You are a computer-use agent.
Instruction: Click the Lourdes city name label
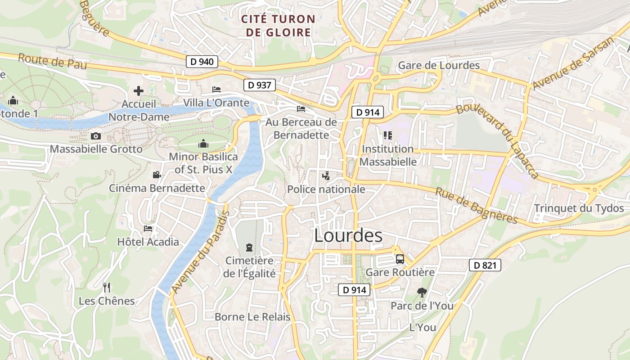pyautogui.click(x=348, y=235)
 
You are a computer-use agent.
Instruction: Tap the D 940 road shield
pyautogui.click(x=202, y=62)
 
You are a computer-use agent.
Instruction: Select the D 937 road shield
pyautogui.click(x=260, y=85)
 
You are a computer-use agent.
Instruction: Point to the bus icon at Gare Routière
pyautogui.click(x=400, y=259)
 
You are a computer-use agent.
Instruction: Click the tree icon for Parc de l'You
pyautogui.click(x=422, y=292)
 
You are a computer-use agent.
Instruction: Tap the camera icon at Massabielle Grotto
pyautogui.click(x=96, y=136)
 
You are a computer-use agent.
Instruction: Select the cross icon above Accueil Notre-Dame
pyautogui.click(x=139, y=91)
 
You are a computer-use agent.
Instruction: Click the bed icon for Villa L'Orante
pyautogui.click(x=216, y=90)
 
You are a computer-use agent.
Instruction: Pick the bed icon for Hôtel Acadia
pyautogui.click(x=148, y=229)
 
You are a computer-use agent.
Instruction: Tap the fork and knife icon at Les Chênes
pyautogui.click(x=107, y=287)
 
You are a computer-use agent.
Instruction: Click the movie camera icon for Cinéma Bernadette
pyautogui.click(x=157, y=175)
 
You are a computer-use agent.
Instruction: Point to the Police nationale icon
pyautogui.click(x=326, y=176)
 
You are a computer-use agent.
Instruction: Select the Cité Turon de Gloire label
pyautogui.click(x=277, y=26)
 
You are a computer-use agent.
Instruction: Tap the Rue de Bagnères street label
pyautogui.click(x=477, y=205)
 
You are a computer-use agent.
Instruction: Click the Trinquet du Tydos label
pyautogui.click(x=579, y=208)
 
